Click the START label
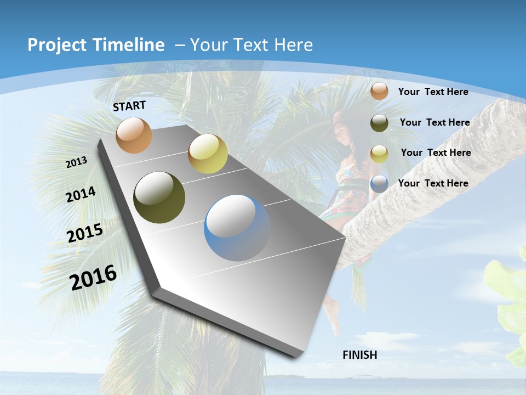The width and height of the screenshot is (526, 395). click(x=129, y=106)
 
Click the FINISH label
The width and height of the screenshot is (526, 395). click(x=360, y=355)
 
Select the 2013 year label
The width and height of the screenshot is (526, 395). click(x=77, y=162)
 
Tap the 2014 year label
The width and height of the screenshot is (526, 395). click(x=81, y=195)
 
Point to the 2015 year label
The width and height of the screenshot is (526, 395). click(x=85, y=233)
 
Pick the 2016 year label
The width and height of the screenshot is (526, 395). click(x=93, y=278)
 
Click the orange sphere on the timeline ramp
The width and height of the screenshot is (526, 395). click(x=134, y=135)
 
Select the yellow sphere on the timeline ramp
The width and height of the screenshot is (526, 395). click(x=208, y=154)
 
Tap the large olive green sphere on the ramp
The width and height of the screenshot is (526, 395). click(x=159, y=198)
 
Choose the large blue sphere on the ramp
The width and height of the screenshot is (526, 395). click(x=238, y=228)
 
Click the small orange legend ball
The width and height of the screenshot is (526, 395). click(x=379, y=91)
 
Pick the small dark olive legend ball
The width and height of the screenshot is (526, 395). click(x=379, y=123)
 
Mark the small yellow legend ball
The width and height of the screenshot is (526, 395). click(x=379, y=154)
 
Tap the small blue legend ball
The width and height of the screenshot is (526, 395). click(x=379, y=184)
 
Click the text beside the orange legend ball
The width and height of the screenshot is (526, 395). click(x=433, y=92)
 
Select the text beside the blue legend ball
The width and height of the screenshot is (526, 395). click(x=433, y=183)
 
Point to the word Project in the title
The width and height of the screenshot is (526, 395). click(x=55, y=45)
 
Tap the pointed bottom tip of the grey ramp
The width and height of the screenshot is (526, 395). click(x=299, y=356)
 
